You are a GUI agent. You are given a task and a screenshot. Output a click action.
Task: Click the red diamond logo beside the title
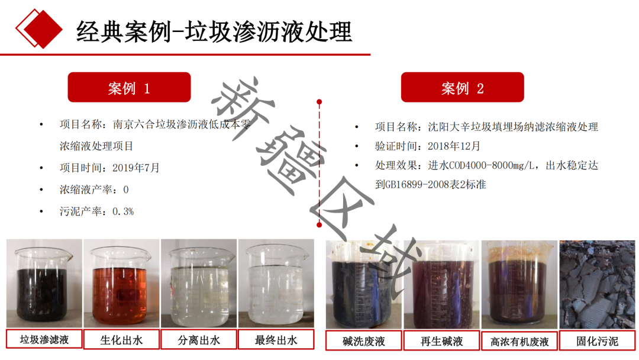39,28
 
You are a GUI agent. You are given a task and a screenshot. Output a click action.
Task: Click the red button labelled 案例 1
129,87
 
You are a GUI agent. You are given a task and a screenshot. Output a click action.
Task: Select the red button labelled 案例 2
463,87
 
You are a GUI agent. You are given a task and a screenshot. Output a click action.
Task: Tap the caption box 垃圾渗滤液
44,339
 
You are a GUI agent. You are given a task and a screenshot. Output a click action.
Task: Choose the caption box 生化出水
121,340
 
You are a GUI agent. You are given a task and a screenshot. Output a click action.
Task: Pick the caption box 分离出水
199,340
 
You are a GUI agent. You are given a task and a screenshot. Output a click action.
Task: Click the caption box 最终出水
276,340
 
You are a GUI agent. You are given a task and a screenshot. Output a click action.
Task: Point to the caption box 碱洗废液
364,341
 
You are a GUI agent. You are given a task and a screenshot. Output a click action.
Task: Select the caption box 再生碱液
442,341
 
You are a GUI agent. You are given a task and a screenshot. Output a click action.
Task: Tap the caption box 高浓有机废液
519,341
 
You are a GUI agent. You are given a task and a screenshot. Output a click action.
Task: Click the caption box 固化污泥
598,341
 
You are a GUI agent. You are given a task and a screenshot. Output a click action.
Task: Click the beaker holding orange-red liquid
121,284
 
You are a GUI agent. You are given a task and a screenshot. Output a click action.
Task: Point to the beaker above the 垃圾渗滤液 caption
43,284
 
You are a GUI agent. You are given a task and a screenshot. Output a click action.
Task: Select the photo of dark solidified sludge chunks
597,285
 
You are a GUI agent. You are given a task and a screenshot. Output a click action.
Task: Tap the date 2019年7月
135,168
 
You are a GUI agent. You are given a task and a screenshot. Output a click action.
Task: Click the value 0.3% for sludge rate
123,211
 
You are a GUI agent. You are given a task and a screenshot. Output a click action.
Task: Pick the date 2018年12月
454,146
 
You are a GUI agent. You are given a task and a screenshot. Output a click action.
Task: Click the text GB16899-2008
411,184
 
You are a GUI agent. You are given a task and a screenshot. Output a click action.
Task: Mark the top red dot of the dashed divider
319,101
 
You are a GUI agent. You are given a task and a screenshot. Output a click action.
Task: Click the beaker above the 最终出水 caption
276,284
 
